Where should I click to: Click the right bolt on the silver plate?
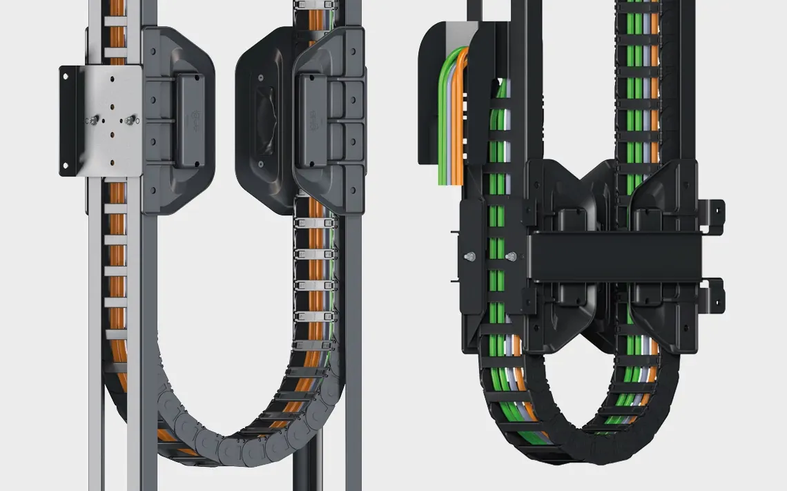pos(129,120)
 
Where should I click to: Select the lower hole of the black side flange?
pos(67,164)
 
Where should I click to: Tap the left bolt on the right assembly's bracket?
pos(469,257)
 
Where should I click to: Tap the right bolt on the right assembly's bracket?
pos(512,257)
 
